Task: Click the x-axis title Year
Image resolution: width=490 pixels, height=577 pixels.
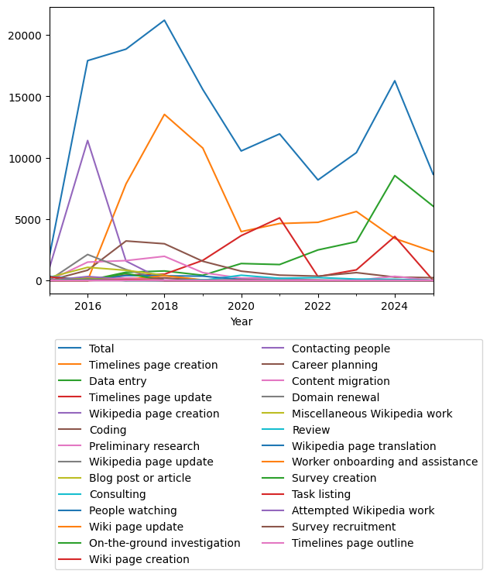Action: click(242, 321)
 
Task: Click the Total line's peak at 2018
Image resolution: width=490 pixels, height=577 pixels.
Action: click(164, 20)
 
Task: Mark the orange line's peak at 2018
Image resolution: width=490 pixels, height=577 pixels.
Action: click(164, 115)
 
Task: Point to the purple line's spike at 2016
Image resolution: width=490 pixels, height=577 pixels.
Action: click(87, 140)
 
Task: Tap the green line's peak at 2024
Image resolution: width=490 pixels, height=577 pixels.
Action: click(395, 175)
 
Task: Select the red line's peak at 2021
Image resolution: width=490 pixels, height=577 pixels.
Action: click(279, 218)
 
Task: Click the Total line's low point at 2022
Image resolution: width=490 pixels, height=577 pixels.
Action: click(318, 180)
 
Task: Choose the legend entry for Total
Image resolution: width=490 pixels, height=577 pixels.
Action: click(101, 349)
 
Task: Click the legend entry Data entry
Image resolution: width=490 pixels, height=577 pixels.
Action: click(118, 381)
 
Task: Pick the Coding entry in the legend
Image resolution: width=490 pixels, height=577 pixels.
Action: click(108, 430)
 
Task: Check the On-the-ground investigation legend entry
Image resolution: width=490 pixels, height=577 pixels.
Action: click(164, 544)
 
